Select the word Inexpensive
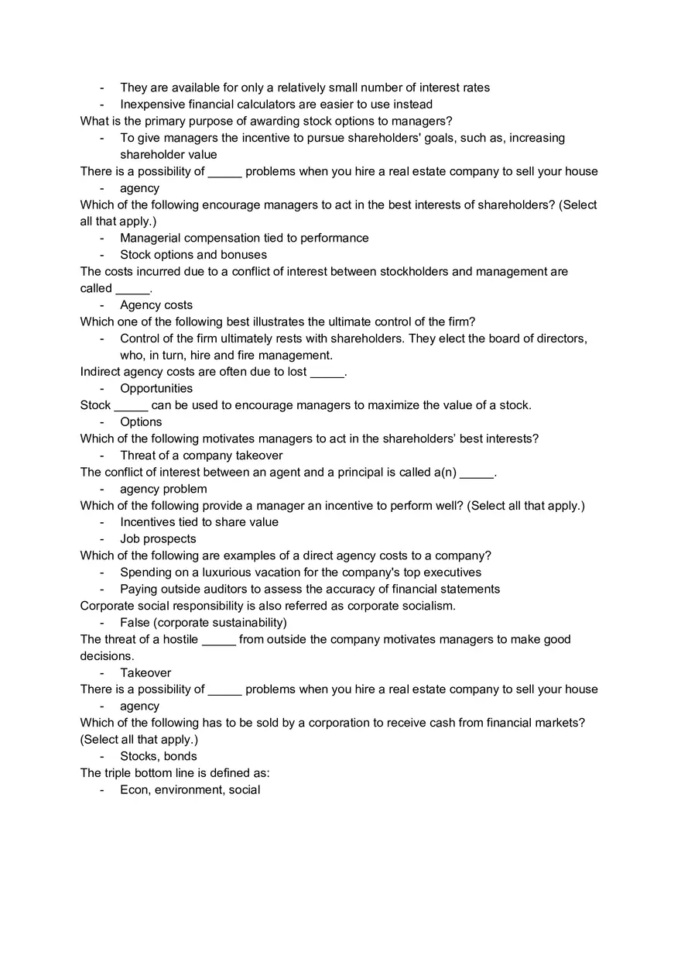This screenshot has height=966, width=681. (152, 105)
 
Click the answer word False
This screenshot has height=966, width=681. (136, 623)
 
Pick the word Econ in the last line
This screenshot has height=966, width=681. (134, 790)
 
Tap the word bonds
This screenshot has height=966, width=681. (180, 757)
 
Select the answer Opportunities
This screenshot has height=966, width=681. (156, 389)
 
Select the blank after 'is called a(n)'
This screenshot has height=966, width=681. (476, 473)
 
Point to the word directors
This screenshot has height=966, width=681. (559, 339)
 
